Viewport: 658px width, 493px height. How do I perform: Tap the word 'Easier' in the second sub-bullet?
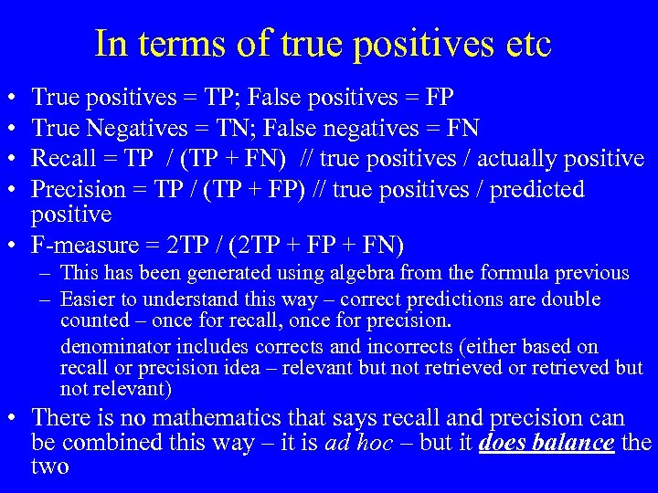coord(85,299)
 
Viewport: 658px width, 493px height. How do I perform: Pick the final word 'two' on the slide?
coord(50,467)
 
